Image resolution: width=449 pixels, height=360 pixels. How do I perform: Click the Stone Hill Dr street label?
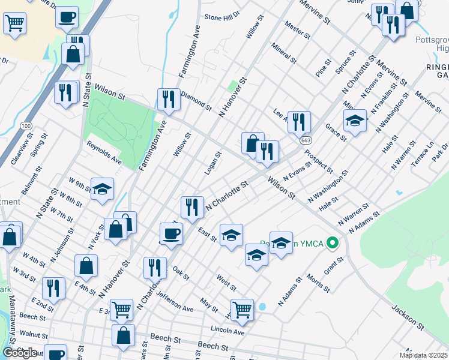click(x=223, y=17)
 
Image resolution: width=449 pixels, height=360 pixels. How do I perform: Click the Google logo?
click(x=20, y=353)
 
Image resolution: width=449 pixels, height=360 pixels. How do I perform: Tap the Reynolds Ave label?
click(x=104, y=154)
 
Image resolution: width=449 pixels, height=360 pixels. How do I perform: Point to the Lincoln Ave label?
click(x=228, y=331)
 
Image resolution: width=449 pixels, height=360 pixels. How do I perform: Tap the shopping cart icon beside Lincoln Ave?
click(x=242, y=310)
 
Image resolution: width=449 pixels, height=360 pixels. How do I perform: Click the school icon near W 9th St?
click(x=103, y=189)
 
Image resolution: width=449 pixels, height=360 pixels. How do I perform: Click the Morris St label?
click(x=318, y=283)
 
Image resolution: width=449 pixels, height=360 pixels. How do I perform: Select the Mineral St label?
click(x=284, y=53)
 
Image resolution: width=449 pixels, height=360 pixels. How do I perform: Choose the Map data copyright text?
click(x=423, y=355)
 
